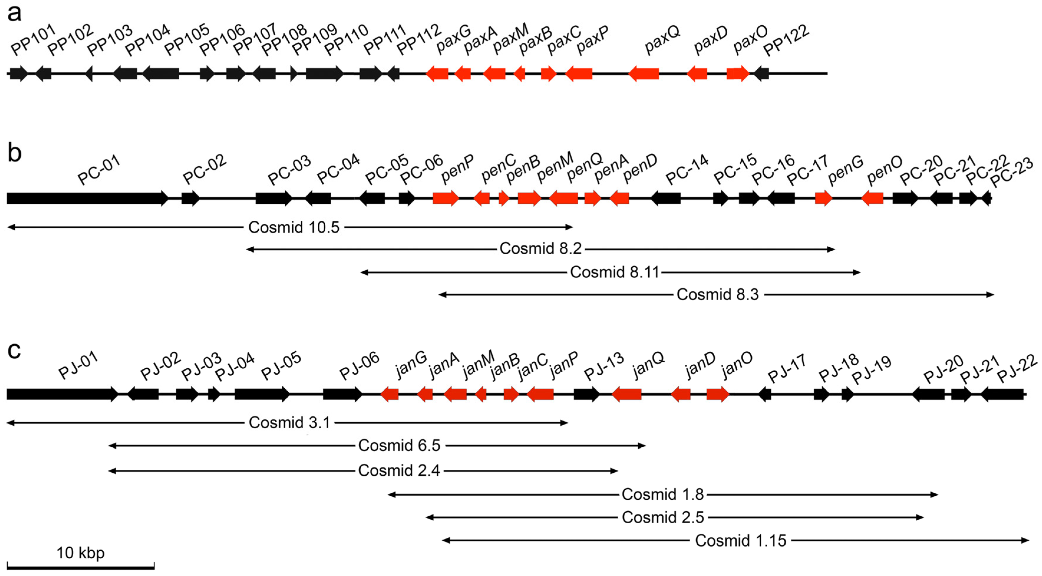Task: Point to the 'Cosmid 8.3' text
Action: pos(718,294)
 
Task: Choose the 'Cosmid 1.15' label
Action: pos(740,540)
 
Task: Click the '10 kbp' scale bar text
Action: pos(80,552)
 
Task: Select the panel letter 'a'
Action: pos(14,13)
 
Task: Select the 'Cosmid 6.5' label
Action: pos(399,445)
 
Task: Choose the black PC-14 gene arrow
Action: pos(666,198)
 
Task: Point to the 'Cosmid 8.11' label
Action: pos(614,272)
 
